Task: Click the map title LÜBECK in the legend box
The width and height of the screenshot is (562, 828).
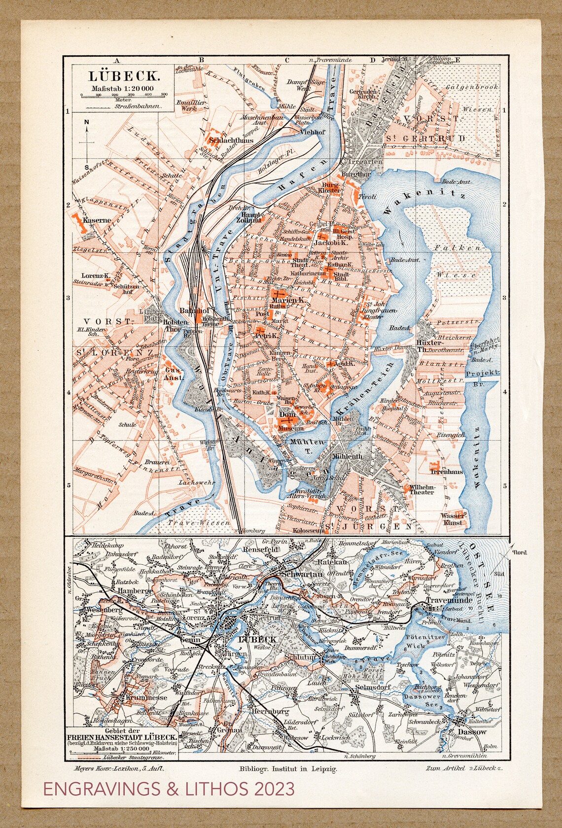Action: [x=124, y=76]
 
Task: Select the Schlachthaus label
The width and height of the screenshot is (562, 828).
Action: [x=231, y=140]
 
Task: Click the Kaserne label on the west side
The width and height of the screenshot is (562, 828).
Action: [x=95, y=220]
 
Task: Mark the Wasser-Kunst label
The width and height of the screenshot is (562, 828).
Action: [x=452, y=519]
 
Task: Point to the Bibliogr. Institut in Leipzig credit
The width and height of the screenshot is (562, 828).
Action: [x=288, y=769]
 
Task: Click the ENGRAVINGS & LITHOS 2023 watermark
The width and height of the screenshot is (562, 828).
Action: [x=169, y=789]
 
